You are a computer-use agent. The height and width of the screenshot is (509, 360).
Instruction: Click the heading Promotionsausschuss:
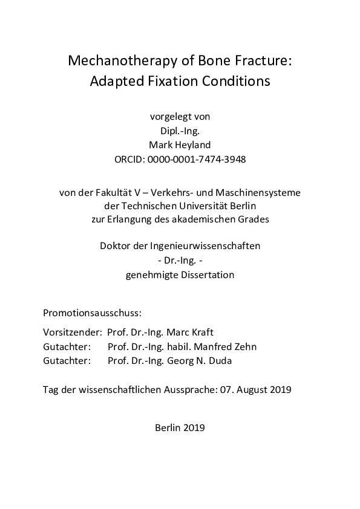[92, 313]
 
